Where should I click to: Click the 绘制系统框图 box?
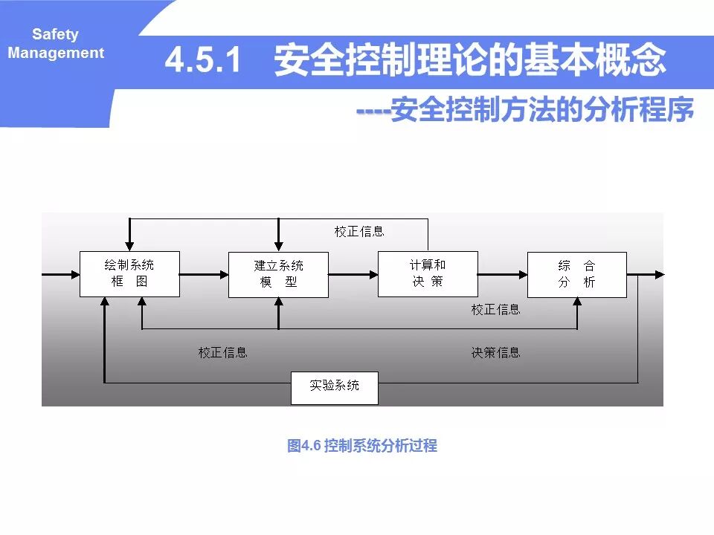(129, 273)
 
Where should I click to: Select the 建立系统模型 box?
(278, 274)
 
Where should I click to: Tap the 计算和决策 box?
(428, 273)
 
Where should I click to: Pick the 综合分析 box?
(576, 274)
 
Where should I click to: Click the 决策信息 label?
(495, 352)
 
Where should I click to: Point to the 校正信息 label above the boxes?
(359, 231)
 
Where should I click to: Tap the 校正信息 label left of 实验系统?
(222, 352)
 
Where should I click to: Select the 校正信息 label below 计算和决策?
(495, 309)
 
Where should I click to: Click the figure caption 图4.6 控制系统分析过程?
(362, 446)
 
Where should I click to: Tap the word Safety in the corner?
(55, 34)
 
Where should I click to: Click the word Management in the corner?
(56, 53)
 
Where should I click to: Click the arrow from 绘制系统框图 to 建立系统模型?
(204, 274)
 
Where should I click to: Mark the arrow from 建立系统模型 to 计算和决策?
(353, 274)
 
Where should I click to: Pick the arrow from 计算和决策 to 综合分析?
(502, 274)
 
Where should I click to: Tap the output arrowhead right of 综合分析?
(660, 274)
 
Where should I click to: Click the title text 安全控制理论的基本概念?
(470, 60)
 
